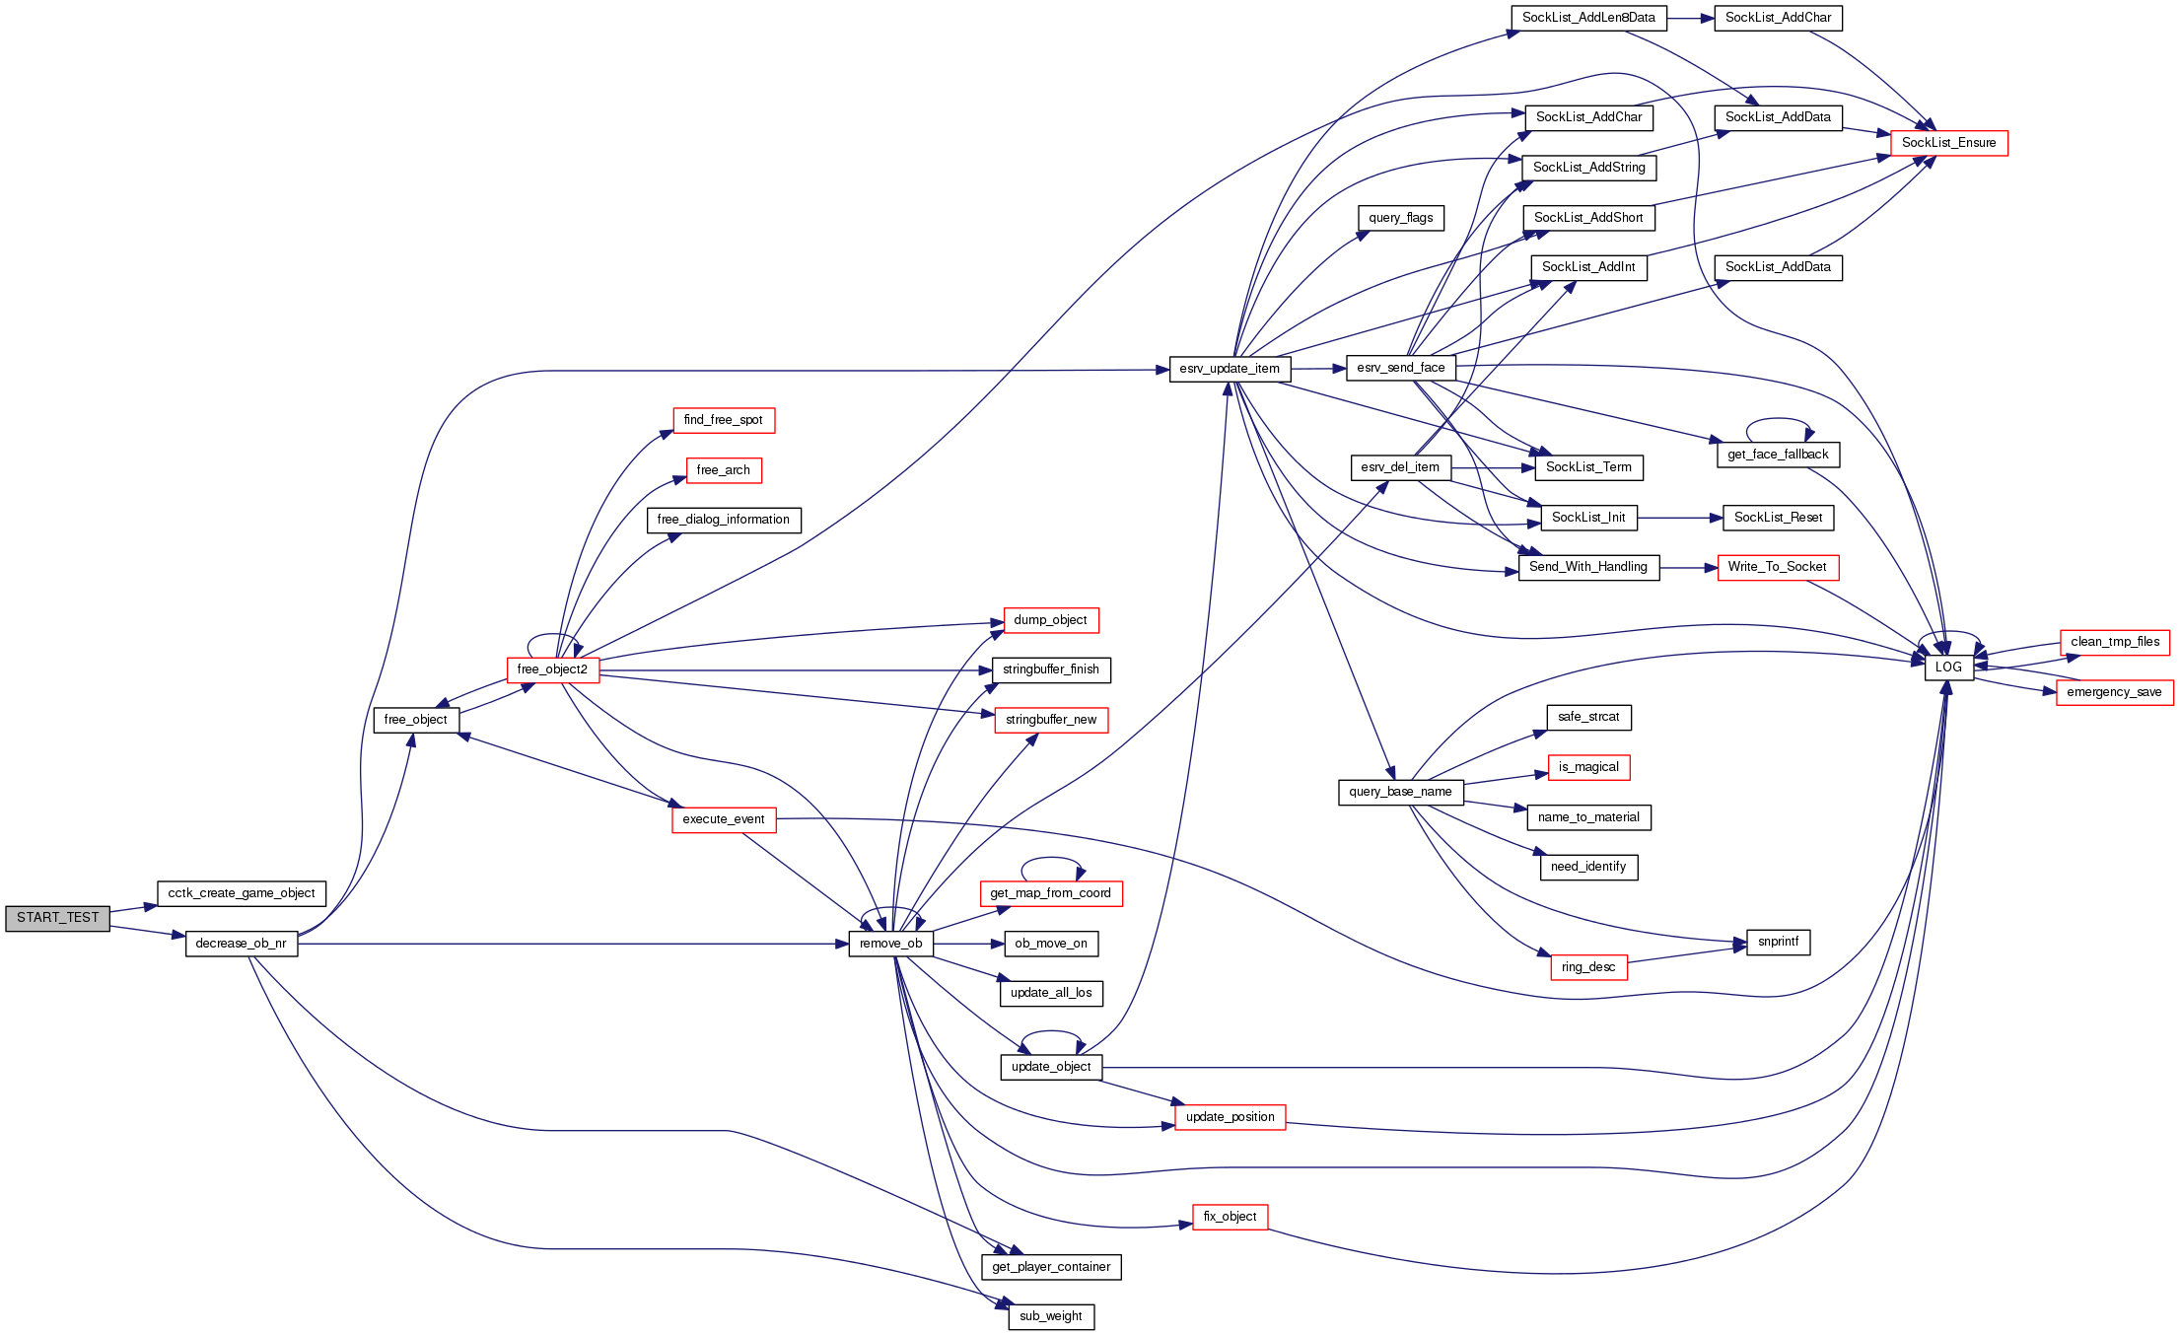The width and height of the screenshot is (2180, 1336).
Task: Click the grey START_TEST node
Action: coord(57,918)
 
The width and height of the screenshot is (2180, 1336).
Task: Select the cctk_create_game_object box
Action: coord(242,894)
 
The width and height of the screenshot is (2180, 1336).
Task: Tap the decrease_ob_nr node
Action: coord(242,944)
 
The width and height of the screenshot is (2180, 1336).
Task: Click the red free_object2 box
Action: coord(552,670)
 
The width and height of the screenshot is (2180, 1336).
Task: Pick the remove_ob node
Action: coord(890,944)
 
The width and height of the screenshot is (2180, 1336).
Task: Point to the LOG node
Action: coord(1948,668)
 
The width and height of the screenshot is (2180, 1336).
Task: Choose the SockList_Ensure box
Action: coord(1948,143)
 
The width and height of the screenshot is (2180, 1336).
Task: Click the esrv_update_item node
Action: coord(1230,369)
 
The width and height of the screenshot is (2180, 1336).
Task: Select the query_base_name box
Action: coord(1400,792)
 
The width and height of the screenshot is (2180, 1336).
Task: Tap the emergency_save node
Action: coord(2114,692)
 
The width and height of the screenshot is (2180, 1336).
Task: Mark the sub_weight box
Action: coord(1051,1316)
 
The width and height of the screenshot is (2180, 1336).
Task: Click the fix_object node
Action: coord(1230,1217)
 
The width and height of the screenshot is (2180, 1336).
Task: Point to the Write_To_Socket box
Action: coord(1777,567)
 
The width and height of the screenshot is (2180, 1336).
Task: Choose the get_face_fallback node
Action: coord(1778,455)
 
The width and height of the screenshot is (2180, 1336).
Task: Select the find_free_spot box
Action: coord(724,420)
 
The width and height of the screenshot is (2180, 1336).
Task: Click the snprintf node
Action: coord(1778,942)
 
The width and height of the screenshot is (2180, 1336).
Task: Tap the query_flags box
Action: coord(1400,218)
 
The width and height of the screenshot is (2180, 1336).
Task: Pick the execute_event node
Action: coord(724,819)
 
